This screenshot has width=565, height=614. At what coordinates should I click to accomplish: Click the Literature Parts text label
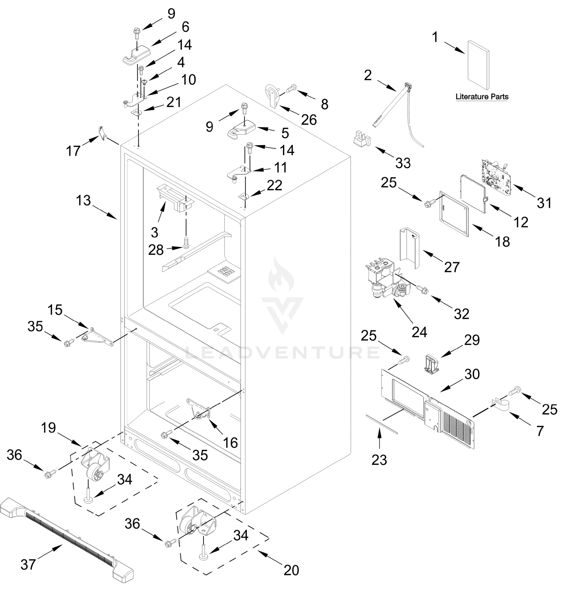482,97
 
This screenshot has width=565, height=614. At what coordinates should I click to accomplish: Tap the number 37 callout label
28,564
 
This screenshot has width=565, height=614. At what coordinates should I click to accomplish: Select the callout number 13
84,201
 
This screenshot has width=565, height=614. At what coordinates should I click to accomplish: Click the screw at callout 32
422,288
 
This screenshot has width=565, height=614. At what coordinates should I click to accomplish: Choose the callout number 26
309,120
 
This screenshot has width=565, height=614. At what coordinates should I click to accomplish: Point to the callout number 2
368,75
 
